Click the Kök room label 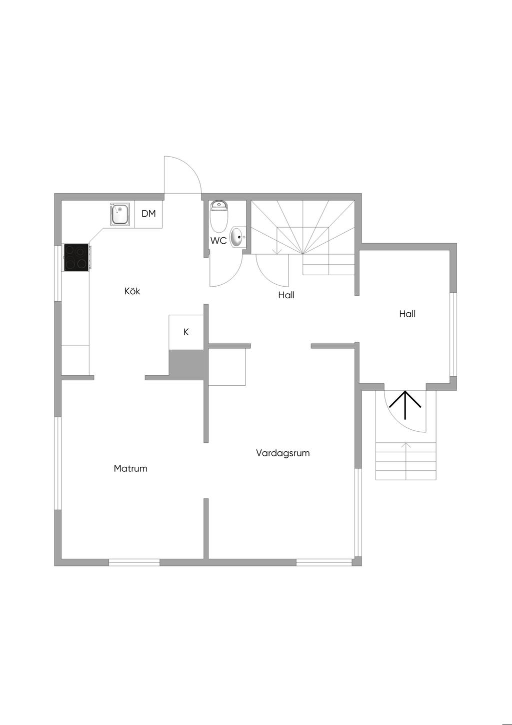pyautogui.click(x=132, y=291)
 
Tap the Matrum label pyautogui.click(x=130, y=468)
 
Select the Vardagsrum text pyautogui.click(x=282, y=453)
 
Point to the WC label pyautogui.click(x=218, y=241)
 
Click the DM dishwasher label pyautogui.click(x=148, y=214)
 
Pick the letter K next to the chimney pyautogui.click(x=186, y=332)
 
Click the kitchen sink pyautogui.click(x=120, y=214)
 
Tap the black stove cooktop pyautogui.click(x=76, y=257)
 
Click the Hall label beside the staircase pyautogui.click(x=286, y=295)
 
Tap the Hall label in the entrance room pyautogui.click(x=407, y=314)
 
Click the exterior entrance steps pyautogui.click(x=405, y=461)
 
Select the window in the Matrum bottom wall pyautogui.click(x=134, y=562)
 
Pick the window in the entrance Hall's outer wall pyautogui.click(x=453, y=334)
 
